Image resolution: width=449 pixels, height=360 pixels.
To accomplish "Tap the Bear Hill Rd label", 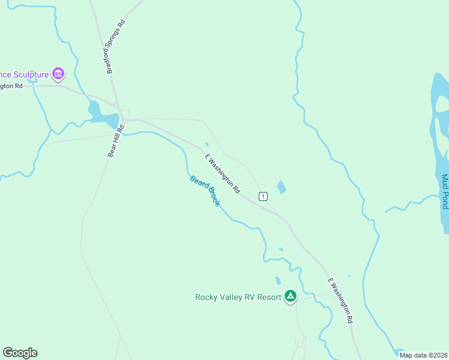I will (x=116, y=141).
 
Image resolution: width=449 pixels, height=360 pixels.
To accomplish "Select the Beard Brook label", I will (x=205, y=191).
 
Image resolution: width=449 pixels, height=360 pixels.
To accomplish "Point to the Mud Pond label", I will (x=444, y=192).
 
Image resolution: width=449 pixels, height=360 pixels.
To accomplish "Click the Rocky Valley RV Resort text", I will (x=238, y=297).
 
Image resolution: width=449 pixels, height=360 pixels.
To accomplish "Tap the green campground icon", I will (x=291, y=296).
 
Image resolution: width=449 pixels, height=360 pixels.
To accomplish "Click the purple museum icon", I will (x=58, y=74).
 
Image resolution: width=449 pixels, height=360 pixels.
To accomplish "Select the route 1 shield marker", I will (x=263, y=196).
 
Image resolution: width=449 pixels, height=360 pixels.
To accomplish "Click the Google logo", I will (x=20, y=353).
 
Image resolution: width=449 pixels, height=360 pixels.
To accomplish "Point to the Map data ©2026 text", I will (x=423, y=355).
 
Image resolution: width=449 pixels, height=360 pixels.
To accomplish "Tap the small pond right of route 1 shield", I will (x=281, y=187).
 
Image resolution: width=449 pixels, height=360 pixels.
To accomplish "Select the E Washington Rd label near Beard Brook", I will (x=223, y=173).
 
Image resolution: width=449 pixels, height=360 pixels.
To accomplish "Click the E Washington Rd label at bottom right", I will (x=340, y=301).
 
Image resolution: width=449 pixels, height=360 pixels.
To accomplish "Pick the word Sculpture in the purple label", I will (x=30, y=75).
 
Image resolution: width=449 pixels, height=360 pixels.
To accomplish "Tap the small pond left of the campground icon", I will (x=277, y=280).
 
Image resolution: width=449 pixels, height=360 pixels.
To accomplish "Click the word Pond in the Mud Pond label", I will (x=444, y=202).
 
